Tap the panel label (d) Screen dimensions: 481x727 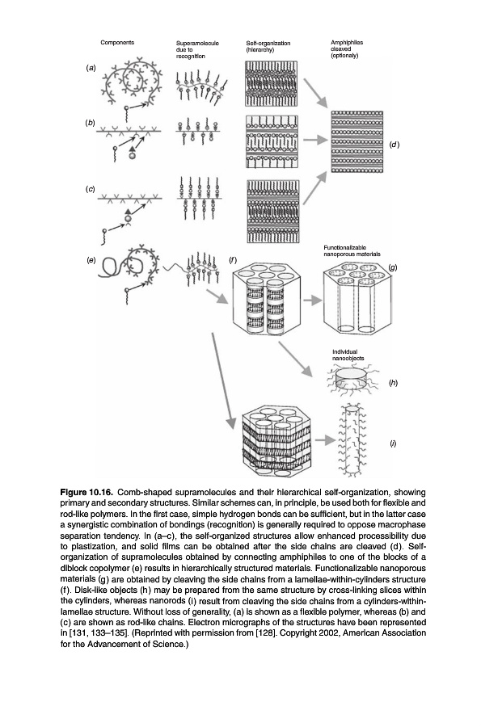pyautogui.click(x=394, y=145)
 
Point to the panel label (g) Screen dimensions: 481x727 pyautogui.click(x=393, y=267)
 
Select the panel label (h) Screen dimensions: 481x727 pyautogui.click(x=394, y=383)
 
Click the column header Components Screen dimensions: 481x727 pyautogui.click(x=117, y=42)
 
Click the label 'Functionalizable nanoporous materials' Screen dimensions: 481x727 pyautogui.click(x=352, y=251)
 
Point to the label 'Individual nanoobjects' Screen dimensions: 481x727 pyautogui.click(x=348, y=355)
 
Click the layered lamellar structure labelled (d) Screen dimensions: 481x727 pyautogui.click(x=357, y=141)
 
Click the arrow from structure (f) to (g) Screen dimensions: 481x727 pyautogui.click(x=313, y=300)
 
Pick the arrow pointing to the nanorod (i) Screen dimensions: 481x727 pyautogui.click(x=325, y=440)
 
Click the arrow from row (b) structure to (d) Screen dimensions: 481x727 pyautogui.click(x=315, y=139)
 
